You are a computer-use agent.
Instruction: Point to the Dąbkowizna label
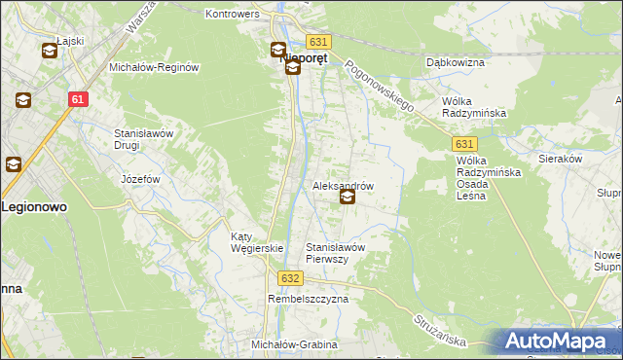click(456, 62)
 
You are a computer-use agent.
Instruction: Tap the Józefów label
click(139, 180)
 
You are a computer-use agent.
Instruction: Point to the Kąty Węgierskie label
click(256, 242)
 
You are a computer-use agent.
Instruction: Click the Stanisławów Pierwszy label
click(336, 253)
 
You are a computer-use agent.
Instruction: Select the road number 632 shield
click(289, 277)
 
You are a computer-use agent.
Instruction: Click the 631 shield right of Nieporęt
click(318, 42)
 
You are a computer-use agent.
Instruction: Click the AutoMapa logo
click(558, 342)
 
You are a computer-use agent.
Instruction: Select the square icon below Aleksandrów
click(347, 198)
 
